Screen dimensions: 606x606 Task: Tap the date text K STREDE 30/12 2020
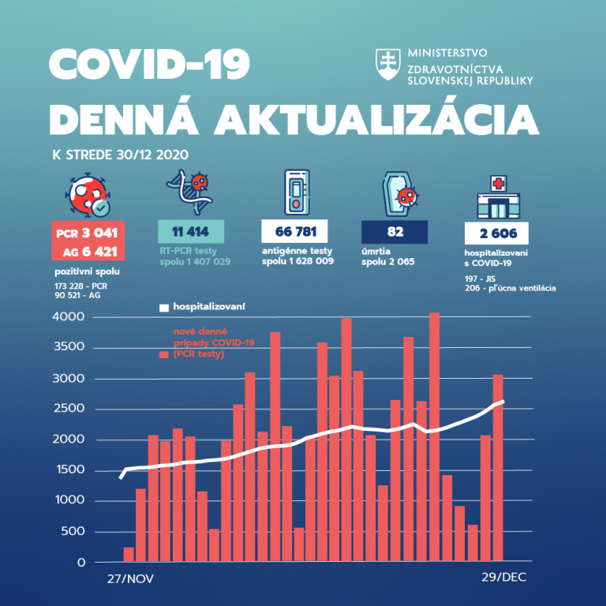pos(120,155)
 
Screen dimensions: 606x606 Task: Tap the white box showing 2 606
pos(496,233)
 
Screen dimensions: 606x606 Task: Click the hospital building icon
pos(498,197)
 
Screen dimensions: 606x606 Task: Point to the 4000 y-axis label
pos(69,317)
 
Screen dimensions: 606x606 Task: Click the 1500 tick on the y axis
pos(69,471)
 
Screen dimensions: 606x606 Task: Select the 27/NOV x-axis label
pos(131,578)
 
